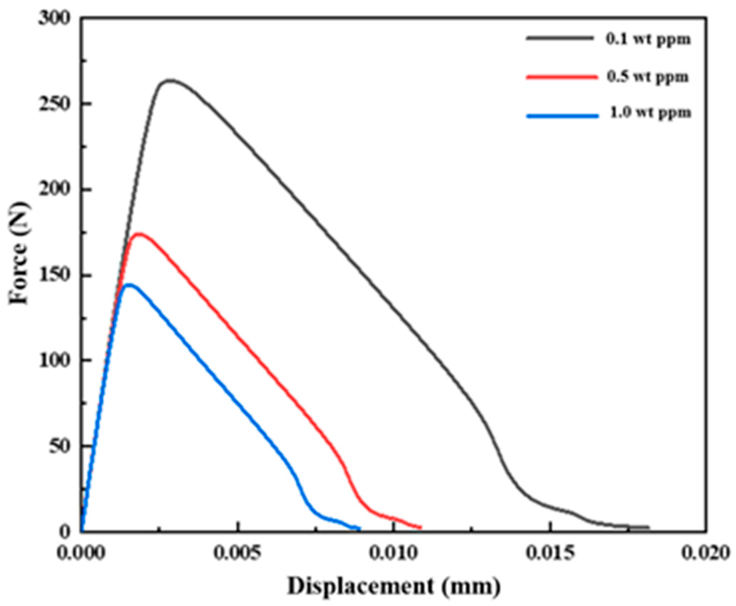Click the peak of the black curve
click(x=170, y=80)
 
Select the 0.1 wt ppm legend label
click(x=648, y=40)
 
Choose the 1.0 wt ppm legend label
click(x=650, y=113)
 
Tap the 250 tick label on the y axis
click(x=57, y=104)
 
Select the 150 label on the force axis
click(x=57, y=275)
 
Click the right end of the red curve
click(x=421, y=527)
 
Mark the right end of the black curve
click(x=648, y=527)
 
